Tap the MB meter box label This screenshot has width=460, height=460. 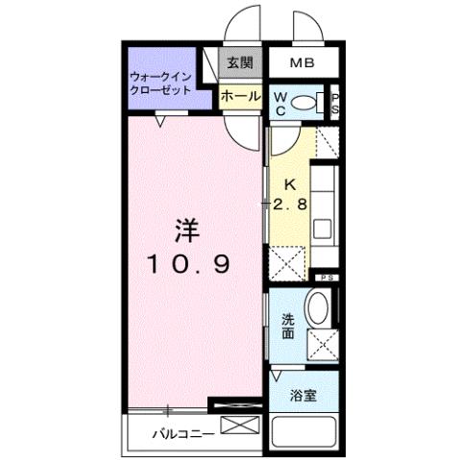pyautogui.click(x=303, y=64)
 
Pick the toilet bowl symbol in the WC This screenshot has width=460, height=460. pyautogui.click(x=304, y=103)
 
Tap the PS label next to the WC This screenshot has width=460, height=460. pyautogui.click(x=334, y=103)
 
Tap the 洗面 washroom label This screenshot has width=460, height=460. pyautogui.click(x=288, y=327)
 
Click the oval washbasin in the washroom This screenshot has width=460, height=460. pyautogui.click(x=317, y=309)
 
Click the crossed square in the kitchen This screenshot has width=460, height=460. pyautogui.click(x=288, y=261)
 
